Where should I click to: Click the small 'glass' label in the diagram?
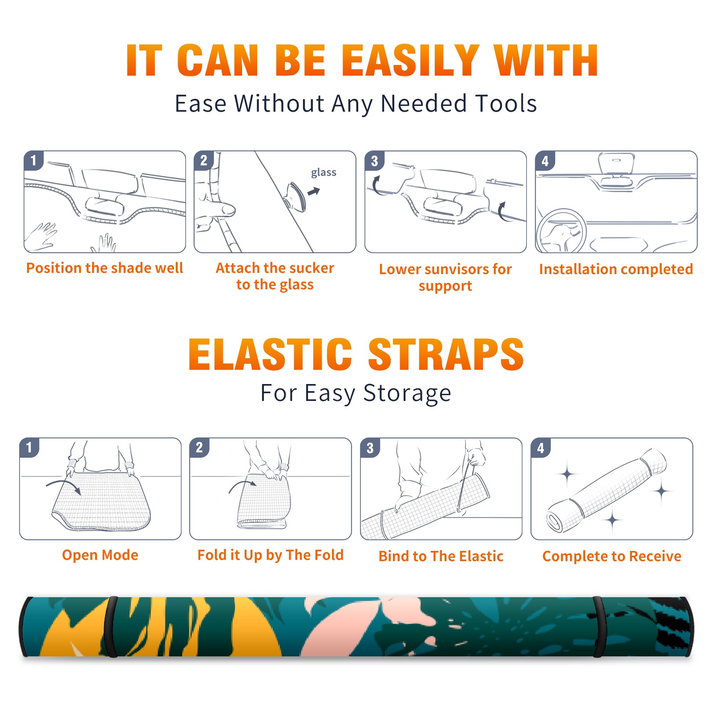[x=324, y=173]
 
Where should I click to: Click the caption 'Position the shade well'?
[x=105, y=268]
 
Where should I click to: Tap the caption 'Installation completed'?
[x=616, y=269]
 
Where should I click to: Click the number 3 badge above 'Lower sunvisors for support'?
[x=374, y=161]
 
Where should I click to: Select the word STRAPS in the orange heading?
[x=446, y=354]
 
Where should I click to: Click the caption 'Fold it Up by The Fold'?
[x=271, y=555]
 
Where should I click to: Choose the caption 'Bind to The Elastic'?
[x=441, y=556]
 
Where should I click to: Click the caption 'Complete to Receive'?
[x=612, y=556]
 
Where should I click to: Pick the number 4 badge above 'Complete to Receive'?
[x=541, y=448]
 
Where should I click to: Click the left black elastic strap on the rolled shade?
[x=111, y=627]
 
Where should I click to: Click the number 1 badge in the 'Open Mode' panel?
[x=29, y=448]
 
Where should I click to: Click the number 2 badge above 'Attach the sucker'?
[x=204, y=161]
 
